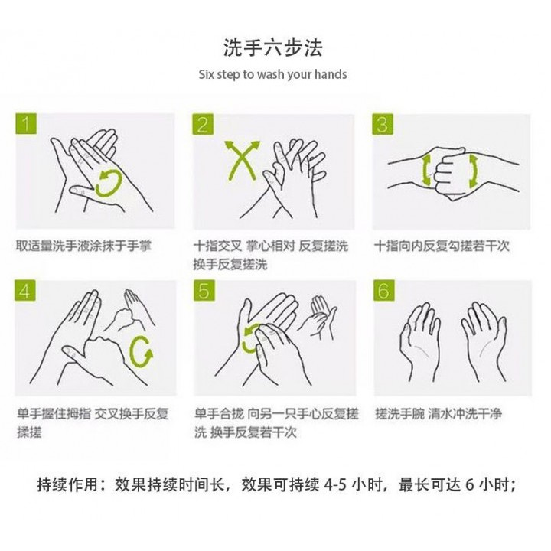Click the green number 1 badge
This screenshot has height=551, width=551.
coord(26,123)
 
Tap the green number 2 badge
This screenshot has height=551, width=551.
coord(203,124)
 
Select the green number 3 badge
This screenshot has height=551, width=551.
coord(383,124)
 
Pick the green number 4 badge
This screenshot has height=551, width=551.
coord(25,291)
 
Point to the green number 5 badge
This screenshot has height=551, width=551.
coord(204,290)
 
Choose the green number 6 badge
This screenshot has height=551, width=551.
coord(383,290)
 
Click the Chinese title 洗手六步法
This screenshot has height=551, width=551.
coord(273,47)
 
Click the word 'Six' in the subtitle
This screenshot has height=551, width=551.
coord(207,74)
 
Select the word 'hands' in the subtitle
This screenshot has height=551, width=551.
coord(331,74)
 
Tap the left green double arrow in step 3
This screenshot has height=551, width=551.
coord(426,170)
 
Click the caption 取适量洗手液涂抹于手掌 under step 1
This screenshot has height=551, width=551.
coord(83,246)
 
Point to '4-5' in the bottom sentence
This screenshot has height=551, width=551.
coord(335,485)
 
